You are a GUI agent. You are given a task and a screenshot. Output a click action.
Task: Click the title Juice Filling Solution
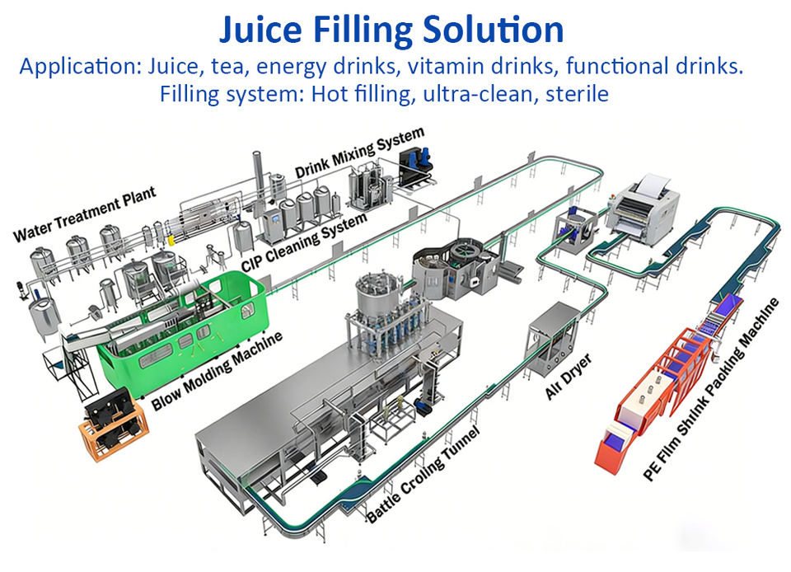pos(391,30)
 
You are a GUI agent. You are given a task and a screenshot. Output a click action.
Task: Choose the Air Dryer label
pos(561,378)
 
